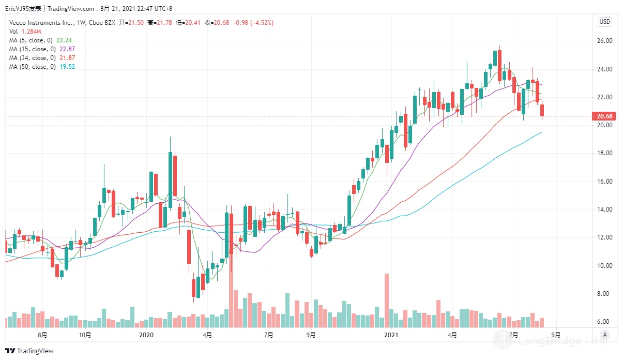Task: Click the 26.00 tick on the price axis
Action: pos(605,41)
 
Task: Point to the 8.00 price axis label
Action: pos(605,294)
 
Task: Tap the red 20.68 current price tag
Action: pos(605,116)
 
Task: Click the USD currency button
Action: pos(604,22)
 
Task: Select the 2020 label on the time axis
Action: pos(147,335)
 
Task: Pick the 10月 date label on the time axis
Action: pos(85,335)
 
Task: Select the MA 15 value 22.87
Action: pos(67,49)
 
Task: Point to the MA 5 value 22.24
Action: pos(64,40)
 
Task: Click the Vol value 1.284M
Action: pos(31,32)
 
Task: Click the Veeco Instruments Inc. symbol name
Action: pos(38,23)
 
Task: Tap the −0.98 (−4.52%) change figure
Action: pos(254,23)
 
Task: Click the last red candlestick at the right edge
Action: pos(542,110)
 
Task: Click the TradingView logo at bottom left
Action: pos(29,351)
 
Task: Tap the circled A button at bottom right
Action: pos(605,335)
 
